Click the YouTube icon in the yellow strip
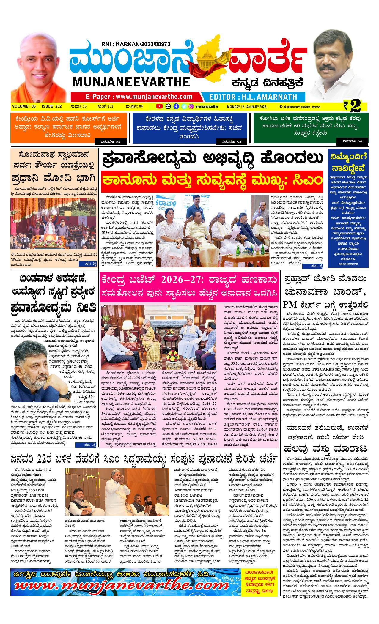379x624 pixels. (159, 106)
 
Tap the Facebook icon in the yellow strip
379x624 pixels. (176, 106)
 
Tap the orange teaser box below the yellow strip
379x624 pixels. (70, 128)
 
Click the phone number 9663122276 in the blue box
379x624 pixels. (347, 264)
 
